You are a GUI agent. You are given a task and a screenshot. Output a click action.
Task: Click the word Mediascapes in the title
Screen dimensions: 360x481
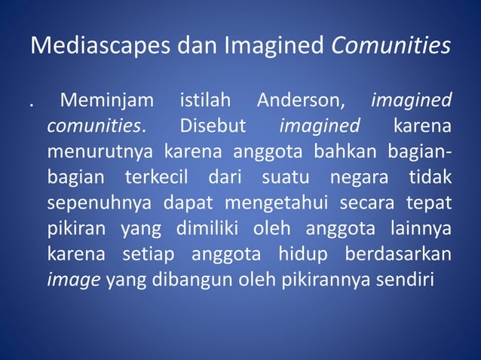(x=90, y=47)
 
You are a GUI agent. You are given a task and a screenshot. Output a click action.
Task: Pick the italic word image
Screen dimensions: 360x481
(x=74, y=281)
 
